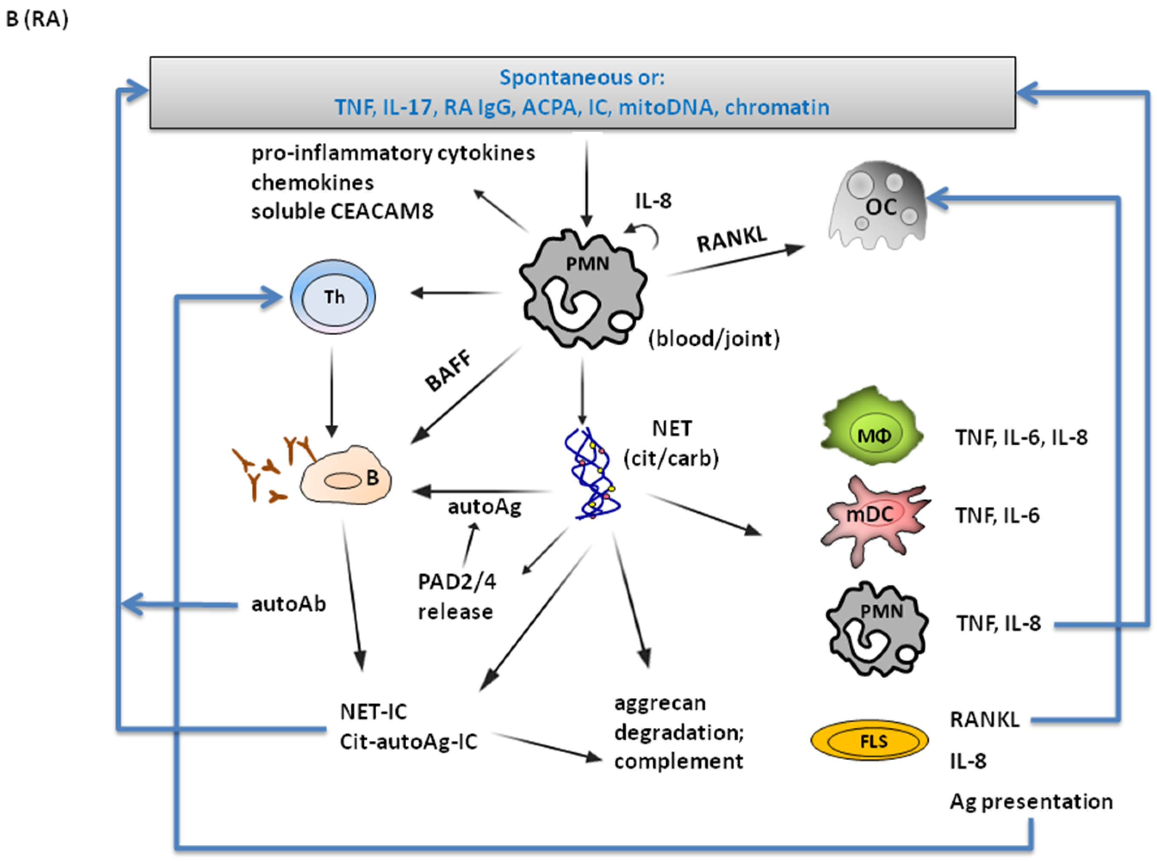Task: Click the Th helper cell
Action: pyautogui.click(x=333, y=297)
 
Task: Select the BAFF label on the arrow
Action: pyautogui.click(x=448, y=371)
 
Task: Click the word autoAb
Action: pyautogui.click(x=289, y=604)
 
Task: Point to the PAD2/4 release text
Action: pyautogui.click(x=456, y=596)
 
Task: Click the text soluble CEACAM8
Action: pyautogui.click(x=342, y=211)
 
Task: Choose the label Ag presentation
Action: pyautogui.click(x=1031, y=801)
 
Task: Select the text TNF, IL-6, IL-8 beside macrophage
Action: pyautogui.click(x=1021, y=437)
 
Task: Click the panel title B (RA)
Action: pyautogui.click(x=37, y=19)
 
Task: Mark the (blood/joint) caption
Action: pyautogui.click(x=714, y=339)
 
